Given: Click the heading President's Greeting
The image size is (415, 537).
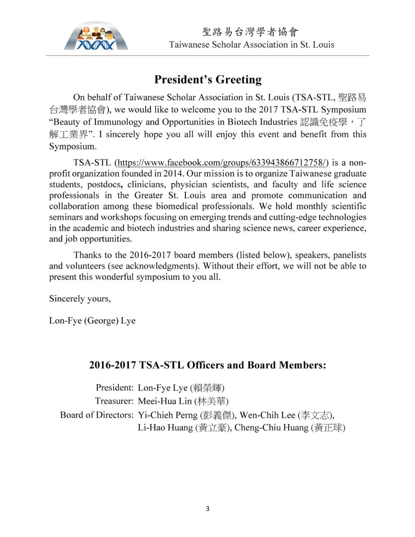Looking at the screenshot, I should pyautogui.click(x=207, y=80).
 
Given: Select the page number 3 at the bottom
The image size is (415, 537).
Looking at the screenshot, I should pyautogui.click(x=207, y=509).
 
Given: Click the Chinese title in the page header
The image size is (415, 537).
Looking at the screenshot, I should pyautogui.click(x=251, y=32).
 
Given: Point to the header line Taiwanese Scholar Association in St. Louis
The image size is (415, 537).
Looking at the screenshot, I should pyautogui.click(x=251, y=44).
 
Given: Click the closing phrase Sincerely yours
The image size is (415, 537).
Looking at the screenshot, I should pyautogui.click(x=80, y=299).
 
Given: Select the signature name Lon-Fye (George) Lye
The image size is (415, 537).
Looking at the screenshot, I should pyautogui.click(x=92, y=321).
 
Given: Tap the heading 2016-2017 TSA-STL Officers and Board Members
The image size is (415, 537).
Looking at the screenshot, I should pyautogui.click(x=207, y=365).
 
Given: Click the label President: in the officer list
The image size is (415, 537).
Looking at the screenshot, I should pyautogui.click(x=114, y=387).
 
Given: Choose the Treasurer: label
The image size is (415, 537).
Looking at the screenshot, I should pyautogui.click(x=114, y=401).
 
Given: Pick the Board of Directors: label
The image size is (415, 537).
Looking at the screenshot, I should pyautogui.click(x=96, y=414).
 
